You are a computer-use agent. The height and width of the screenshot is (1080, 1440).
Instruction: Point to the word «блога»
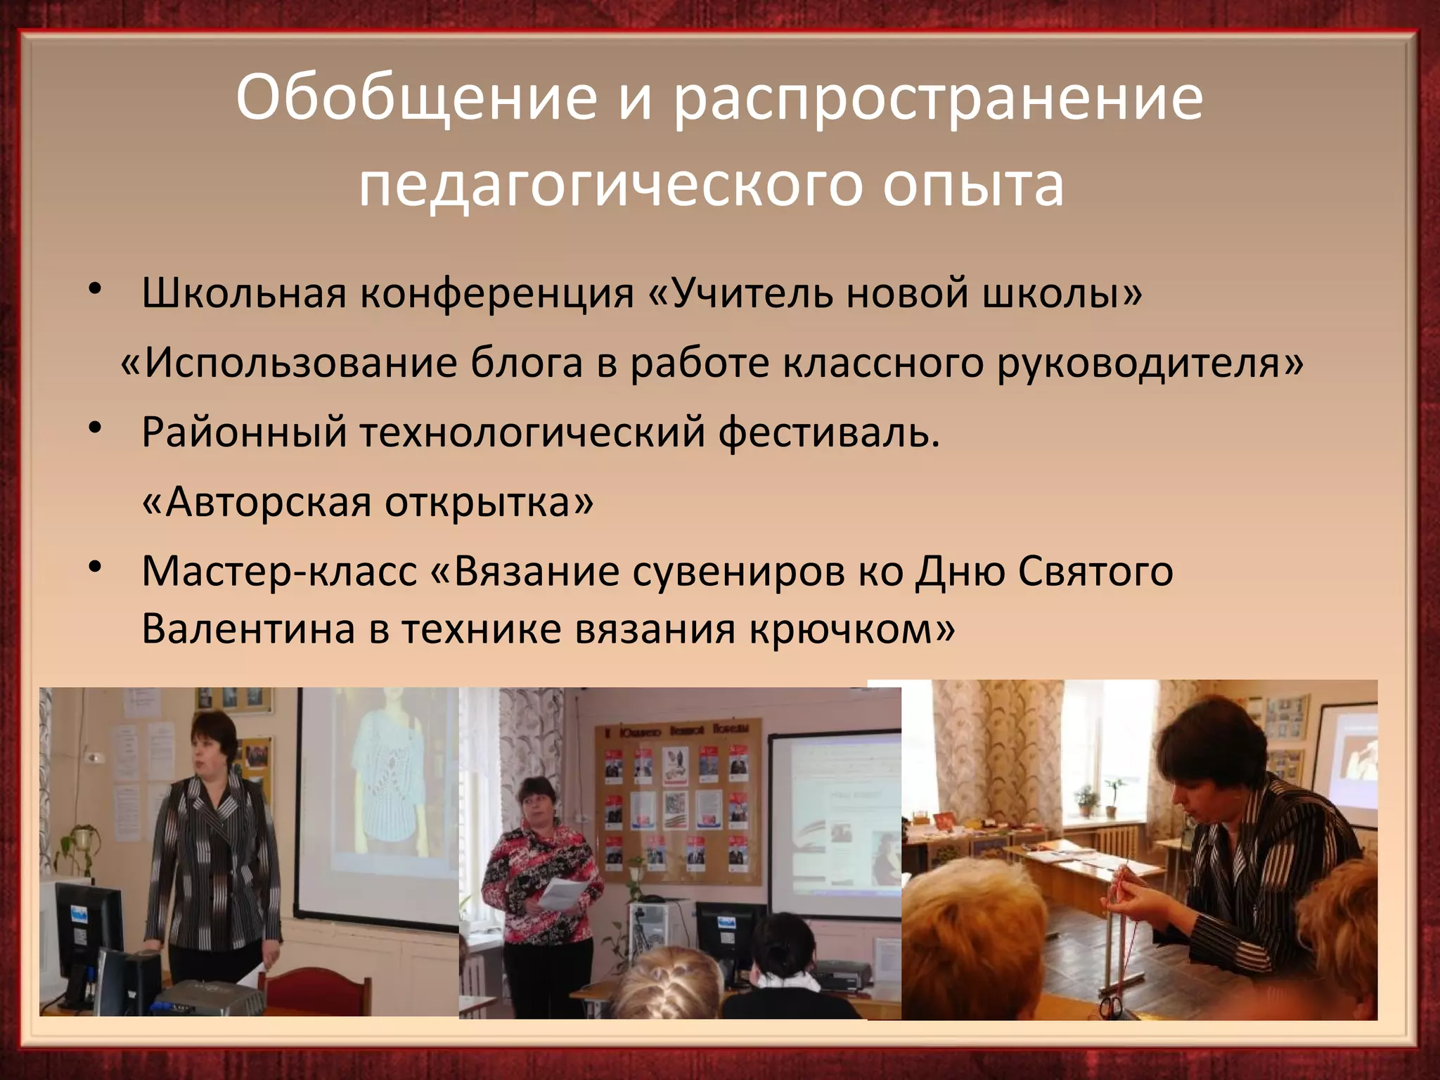pyautogui.click(x=527, y=363)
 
